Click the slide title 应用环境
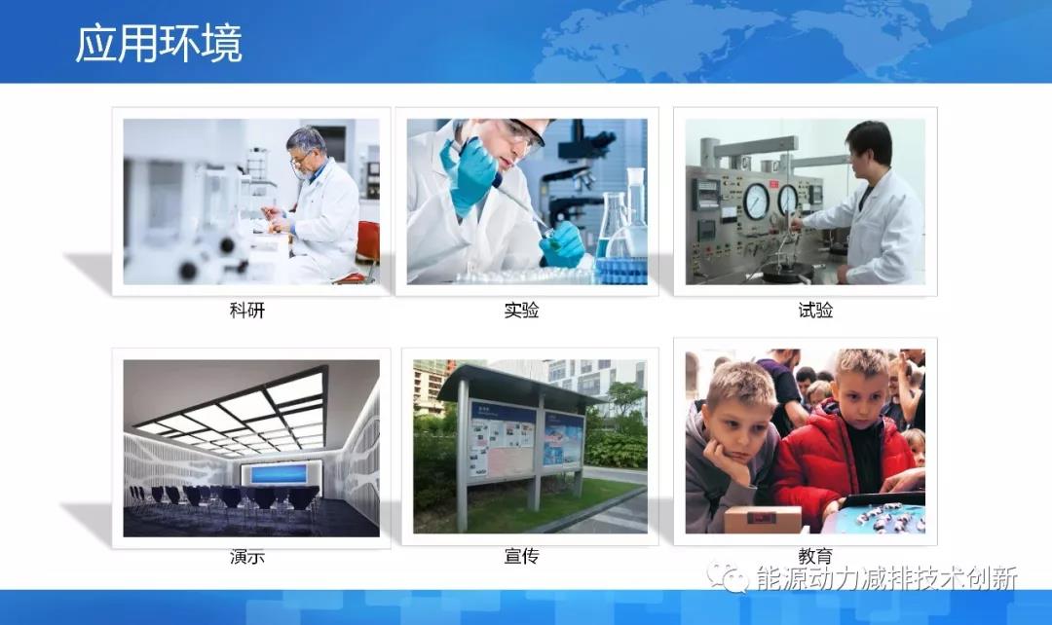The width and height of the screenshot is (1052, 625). point(159,45)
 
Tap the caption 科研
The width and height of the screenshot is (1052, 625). point(246,312)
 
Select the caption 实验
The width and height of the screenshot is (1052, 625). point(521,311)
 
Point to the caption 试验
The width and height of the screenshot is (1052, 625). point(815,311)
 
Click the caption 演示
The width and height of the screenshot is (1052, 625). point(246,557)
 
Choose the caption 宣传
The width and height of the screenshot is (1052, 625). point(521,557)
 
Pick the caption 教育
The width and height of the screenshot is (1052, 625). point(815,557)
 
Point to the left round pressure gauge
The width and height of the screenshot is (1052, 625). point(755,201)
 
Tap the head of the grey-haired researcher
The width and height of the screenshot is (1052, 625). point(306,146)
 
